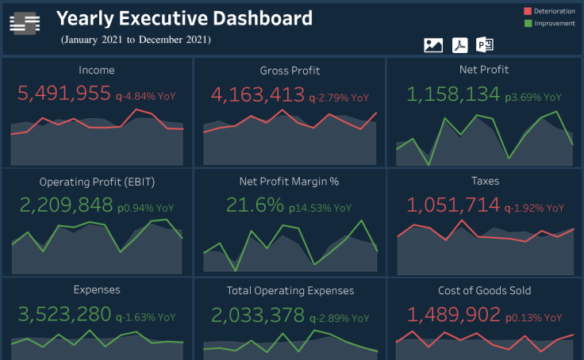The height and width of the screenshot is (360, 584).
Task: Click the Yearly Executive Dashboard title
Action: (184, 18)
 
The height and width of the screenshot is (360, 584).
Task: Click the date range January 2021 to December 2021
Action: (136, 40)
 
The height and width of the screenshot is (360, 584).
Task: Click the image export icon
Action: (433, 45)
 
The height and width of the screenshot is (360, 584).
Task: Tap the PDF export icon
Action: (460, 45)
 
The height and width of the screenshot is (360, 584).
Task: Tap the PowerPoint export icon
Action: (485, 45)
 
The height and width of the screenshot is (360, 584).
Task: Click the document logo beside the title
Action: (25, 25)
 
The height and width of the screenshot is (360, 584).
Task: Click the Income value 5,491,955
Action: (64, 94)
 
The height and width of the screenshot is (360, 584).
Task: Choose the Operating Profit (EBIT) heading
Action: (97, 182)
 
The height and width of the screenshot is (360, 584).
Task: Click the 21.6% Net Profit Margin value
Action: (255, 206)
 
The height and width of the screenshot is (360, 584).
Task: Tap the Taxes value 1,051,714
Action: (452, 206)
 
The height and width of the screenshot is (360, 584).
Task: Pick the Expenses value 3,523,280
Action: (64, 315)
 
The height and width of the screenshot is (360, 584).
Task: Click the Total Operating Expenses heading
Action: (290, 290)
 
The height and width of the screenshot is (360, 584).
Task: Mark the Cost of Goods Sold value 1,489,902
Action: (452, 315)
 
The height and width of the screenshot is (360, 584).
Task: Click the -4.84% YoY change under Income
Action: (145, 97)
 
